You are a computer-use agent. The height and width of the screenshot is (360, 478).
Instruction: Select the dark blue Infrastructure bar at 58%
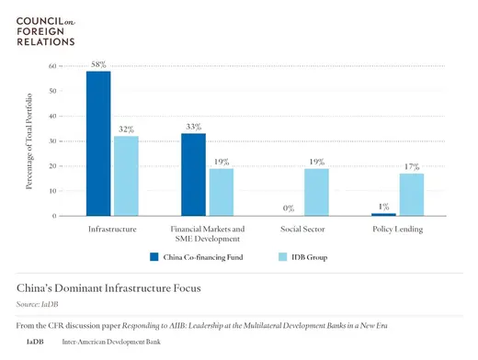coord(98,143)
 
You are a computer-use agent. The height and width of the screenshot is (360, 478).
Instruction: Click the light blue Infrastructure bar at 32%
coord(126,175)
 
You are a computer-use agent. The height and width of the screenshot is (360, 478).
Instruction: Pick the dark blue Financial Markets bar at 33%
coord(193,174)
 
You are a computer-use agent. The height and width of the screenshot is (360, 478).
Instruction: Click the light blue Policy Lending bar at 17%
coord(411,195)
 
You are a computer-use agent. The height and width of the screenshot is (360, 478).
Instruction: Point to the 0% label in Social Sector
coord(289,208)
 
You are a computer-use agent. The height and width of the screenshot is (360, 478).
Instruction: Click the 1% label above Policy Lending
coord(383,207)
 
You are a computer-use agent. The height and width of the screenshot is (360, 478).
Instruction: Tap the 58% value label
coord(98,64)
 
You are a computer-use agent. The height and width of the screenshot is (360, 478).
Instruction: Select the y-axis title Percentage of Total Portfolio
coord(31,141)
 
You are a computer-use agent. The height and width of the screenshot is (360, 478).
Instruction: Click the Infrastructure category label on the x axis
coord(113,228)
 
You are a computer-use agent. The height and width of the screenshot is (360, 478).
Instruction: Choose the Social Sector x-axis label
coord(303,228)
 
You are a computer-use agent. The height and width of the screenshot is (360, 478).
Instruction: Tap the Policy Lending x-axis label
coord(398,228)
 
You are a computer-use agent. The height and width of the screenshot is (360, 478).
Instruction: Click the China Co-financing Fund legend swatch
coord(155,257)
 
